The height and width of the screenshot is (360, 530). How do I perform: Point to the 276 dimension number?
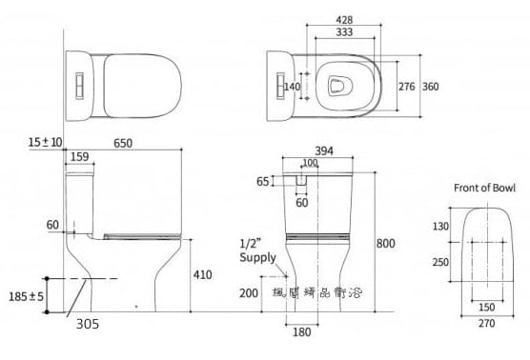tap(405, 87)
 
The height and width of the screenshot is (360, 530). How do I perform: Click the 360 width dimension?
tap(430, 87)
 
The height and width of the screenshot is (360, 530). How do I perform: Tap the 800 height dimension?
tap(385, 244)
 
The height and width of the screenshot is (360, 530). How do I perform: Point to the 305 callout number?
tap(88, 324)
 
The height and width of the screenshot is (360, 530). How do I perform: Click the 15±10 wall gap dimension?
tap(45, 142)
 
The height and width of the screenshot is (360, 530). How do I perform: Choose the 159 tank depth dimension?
tap(80, 157)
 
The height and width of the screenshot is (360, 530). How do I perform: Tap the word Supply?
tap(257, 258)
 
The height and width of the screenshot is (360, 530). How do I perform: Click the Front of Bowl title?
tap(484, 187)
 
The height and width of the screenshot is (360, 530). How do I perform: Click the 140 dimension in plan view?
tap(292, 87)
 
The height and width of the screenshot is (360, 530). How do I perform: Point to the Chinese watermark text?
tap(325, 295)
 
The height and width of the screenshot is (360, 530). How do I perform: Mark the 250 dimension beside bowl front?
tap(440, 262)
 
